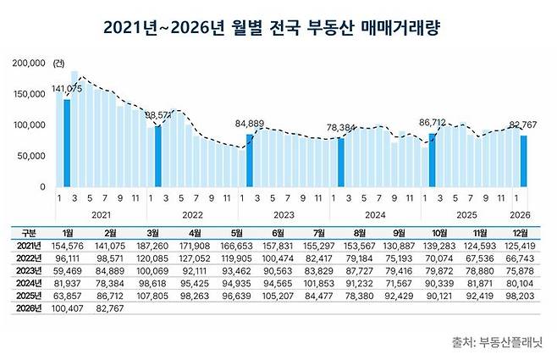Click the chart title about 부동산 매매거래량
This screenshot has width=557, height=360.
[x=278, y=28]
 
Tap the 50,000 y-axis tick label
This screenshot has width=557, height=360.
[x=31, y=156]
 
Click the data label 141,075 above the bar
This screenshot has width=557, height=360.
[x=68, y=88]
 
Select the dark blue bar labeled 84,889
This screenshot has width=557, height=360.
[x=249, y=160]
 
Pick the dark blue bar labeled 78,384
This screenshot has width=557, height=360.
[x=340, y=162]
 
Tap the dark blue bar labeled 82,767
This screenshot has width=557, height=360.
[x=524, y=161]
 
